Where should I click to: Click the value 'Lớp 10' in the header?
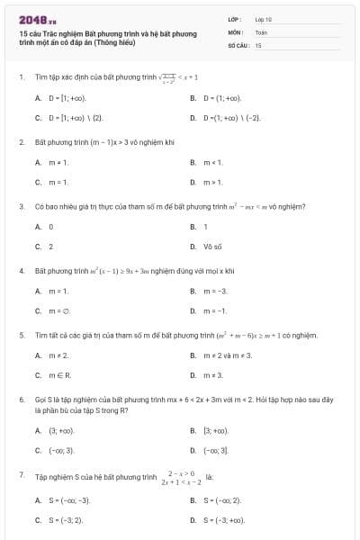(264, 18)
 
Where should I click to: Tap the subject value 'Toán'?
(261, 31)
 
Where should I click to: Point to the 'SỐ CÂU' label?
(237, 44)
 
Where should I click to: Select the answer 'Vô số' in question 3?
(212, 247)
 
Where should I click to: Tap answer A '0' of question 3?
(50, 227)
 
